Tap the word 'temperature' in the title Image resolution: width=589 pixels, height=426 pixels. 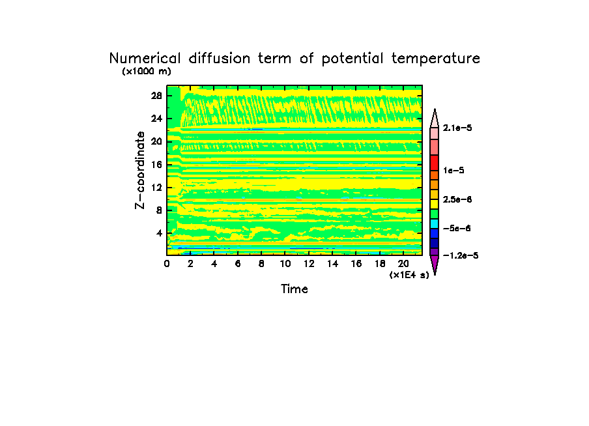click(x=436, y=59)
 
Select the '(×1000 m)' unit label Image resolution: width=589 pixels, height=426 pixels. click(x=146, y=72)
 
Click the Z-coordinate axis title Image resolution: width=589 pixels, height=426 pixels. click(x=139, y=170)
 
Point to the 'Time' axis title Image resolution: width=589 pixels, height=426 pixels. click(x=294, y=289)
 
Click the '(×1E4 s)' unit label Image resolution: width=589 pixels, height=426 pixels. click(x=409, y=275)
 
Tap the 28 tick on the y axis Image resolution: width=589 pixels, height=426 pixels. click(x=156, y=96)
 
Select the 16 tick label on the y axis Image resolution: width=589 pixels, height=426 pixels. click(x=156, y=165)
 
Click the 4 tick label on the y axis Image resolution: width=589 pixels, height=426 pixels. click(x=159, y=233)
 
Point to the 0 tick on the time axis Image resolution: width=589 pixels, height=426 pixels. click(x=167, y=264)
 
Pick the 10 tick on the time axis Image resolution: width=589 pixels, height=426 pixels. click(x=285, y=264)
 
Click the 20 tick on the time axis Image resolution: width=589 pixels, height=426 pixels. click(x=403, y=264)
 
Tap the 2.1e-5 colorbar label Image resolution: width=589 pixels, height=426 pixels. click(x=457, y=128)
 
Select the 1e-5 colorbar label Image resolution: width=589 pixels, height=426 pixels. click(x=454, y=170)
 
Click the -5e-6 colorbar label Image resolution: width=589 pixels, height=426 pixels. click(x=457, y=228)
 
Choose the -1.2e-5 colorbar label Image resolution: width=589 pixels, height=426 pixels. click(x=460, y=255)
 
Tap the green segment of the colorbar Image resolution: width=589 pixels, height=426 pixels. click(x=434, y=213)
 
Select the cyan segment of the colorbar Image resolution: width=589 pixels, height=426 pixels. click(x=434, y=223)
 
